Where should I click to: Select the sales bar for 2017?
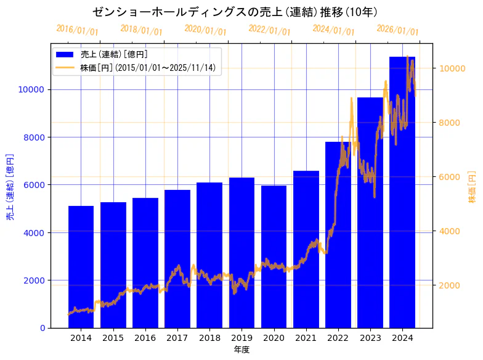point(177,259)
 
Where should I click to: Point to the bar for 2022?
point(338,234)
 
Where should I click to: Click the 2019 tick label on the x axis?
point(241,338)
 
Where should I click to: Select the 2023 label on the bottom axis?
point(370,338)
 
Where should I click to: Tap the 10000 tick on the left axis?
point(34,89)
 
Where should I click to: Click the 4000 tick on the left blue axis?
point(36,233)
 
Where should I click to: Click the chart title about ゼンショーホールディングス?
point(235,12)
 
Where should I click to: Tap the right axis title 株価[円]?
point(472,187)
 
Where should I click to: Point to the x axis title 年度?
point(241,350)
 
